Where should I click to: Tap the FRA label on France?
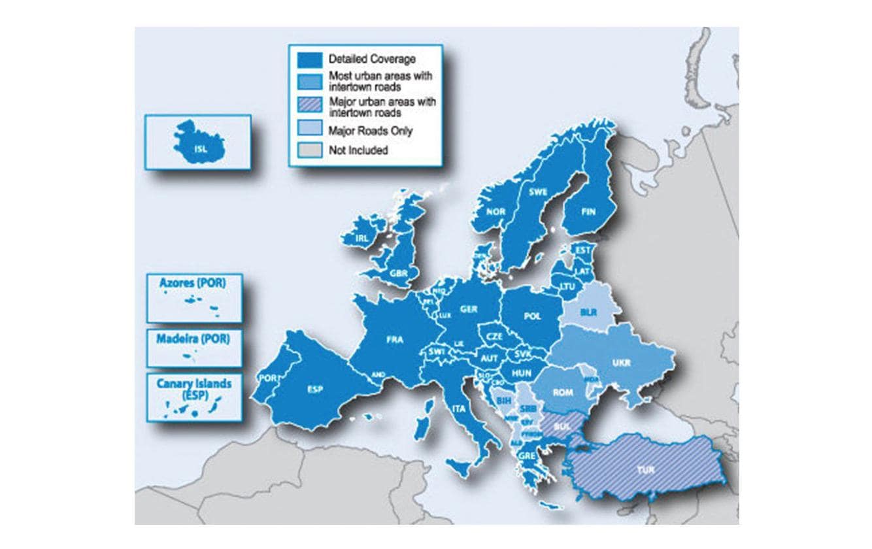[394, 339]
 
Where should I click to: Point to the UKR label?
[622, 363]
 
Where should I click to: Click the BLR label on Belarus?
[588, 313]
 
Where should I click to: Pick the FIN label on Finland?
[589, 212]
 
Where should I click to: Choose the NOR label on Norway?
[495, 212]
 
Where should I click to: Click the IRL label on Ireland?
[361, 239]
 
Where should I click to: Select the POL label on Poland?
[533, 316]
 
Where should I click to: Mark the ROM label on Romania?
[562, 393]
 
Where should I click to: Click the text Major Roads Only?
[371, 131]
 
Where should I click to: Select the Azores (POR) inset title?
[193, 283]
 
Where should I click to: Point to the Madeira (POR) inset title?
[193, 339]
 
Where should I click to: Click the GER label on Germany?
[468, 309]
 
